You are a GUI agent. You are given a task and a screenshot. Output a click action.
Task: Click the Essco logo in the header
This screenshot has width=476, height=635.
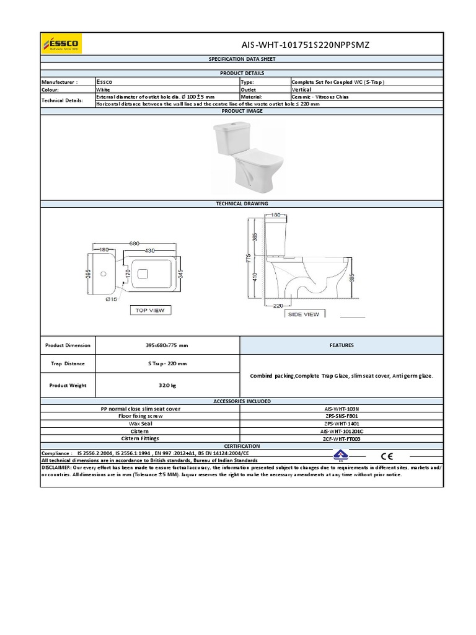[61, 43]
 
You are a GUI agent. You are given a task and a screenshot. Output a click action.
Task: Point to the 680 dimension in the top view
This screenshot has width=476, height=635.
[134, 243]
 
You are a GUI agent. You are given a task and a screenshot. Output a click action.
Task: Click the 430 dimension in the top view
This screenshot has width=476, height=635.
[150, 250]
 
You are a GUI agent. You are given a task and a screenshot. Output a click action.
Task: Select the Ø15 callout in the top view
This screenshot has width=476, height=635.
[111, 300]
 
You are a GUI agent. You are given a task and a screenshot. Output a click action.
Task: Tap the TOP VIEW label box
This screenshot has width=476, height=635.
[149, 310]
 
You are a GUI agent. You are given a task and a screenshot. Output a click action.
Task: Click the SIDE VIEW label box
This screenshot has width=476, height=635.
[304, 314]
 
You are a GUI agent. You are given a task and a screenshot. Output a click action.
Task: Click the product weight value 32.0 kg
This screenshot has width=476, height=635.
[167, 386]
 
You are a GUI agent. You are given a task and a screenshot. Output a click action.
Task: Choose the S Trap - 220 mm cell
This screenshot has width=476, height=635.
[167, 363]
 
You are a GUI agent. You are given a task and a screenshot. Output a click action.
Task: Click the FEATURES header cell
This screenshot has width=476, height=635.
[342, 345]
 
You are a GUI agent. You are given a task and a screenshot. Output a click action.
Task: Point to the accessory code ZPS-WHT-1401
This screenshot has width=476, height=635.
[342, 424]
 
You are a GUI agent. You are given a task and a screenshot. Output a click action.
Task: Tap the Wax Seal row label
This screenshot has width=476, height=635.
[140, 424]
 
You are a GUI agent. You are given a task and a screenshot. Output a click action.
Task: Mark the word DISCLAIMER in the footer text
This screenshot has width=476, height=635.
[56, 468]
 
